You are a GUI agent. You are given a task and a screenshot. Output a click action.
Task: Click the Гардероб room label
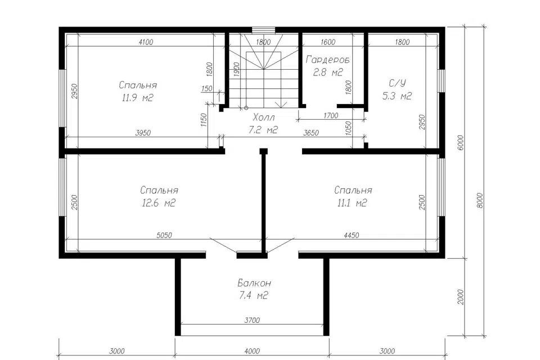(327, 60)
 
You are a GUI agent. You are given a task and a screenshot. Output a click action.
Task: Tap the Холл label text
(264, 118)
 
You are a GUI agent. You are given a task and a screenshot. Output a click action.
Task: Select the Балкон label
(254, 283)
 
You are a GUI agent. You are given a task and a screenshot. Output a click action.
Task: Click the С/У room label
(397, 83)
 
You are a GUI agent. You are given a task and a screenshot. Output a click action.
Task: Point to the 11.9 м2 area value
(137, 98)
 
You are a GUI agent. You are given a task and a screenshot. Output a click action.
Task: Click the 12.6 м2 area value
(159, 203)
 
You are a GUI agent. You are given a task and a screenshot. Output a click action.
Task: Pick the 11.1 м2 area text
(352, 203)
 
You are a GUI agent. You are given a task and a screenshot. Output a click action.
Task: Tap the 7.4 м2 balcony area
(254, 295)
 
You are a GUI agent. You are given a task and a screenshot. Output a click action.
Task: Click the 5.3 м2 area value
(397, 96)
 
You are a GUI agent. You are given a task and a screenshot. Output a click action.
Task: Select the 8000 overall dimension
(480, 200)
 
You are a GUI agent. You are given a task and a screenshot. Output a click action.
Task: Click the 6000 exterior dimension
(461, 142)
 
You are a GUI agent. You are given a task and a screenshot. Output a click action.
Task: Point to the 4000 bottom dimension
(252, 352)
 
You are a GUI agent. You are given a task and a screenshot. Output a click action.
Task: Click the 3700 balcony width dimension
(252, 321)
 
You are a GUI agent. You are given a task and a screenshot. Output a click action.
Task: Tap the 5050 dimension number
(164, 235)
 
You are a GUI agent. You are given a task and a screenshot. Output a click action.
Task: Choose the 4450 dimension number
(351, 235)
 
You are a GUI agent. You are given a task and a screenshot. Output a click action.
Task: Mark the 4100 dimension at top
(145, 42)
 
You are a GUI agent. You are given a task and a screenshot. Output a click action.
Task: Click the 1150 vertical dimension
(203, 120)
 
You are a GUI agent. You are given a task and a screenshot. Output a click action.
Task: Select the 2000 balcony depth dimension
(461, 297)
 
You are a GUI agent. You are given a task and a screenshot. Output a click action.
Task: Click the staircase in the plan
(263, 71)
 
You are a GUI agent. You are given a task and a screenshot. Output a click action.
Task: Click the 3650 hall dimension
(310, 133)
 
